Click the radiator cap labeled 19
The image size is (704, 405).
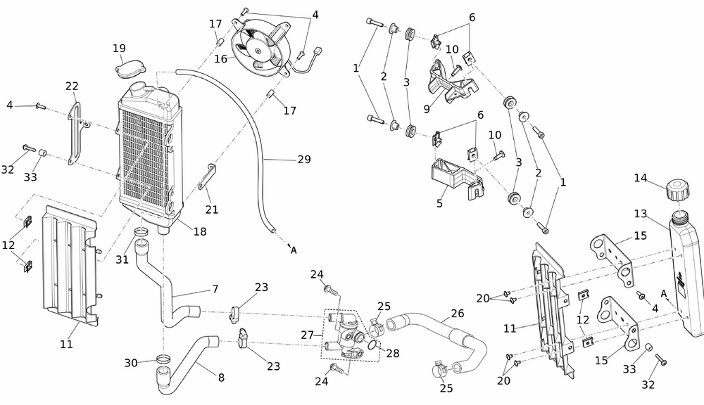coord(127,70)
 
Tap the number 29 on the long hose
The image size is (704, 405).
coord(303,160)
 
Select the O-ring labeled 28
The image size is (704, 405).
coord(372,344)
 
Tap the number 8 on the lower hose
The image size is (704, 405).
coord(221,378)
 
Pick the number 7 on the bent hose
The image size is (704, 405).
coord(215,289)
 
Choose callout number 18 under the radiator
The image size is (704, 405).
coord(200,231)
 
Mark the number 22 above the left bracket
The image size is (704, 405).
coord(72,86)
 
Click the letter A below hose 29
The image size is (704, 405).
coord(294,250)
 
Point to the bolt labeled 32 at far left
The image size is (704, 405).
coord(27,148)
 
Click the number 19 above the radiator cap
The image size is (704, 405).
coord(119,49)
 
